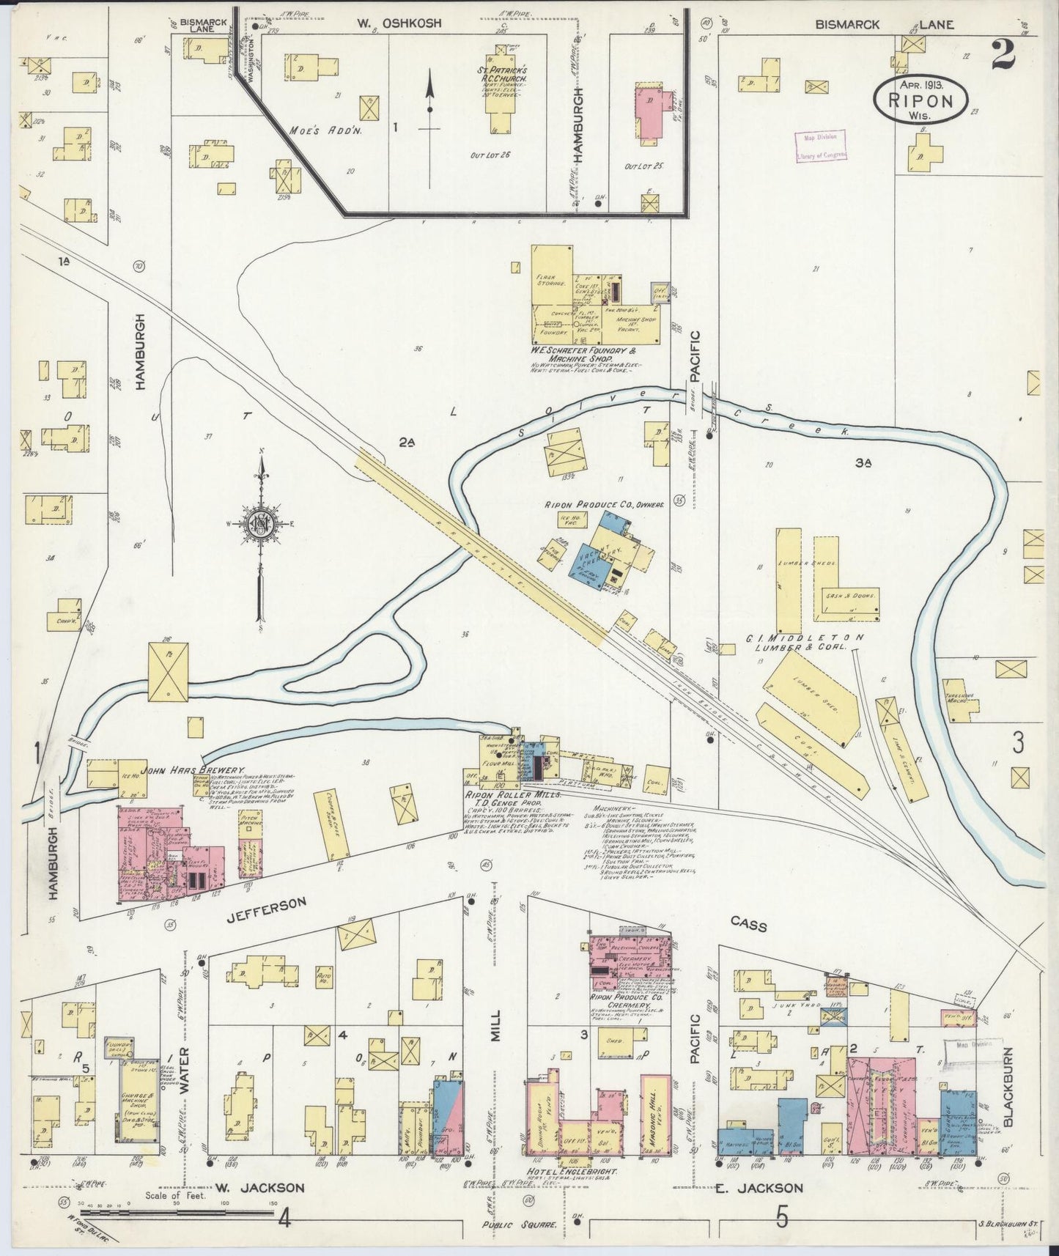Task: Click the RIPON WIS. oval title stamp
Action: [921, 95]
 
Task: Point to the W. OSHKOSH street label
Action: [399, 23]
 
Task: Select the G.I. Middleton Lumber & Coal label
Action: [803, 642]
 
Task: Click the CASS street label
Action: [748, 926]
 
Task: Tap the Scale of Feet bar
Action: [103, 1203]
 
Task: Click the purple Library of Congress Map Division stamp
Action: [821, 145]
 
